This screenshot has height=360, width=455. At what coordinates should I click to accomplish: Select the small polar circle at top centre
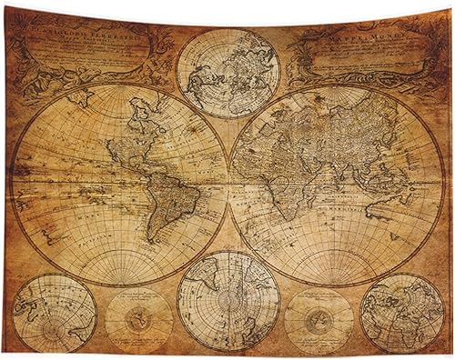pyautogui.click(x=227, y=73)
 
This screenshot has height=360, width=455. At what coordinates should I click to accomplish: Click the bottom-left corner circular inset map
pyautogui.click(x=55, y=314)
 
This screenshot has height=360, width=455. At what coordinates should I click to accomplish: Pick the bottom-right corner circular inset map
pyautogui.click(x=401, y=314)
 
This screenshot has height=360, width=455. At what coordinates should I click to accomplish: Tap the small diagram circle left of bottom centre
pyautogui.click(x=138, y=320)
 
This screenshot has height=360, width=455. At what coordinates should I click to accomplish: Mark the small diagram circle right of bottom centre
pyautogui.click(x=318, y=320)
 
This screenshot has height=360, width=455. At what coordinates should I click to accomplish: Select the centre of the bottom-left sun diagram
pyautogui.click(x=138, y=320)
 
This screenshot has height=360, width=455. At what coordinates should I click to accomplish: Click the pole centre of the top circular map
pyautogui.click(x=227, y=73)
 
